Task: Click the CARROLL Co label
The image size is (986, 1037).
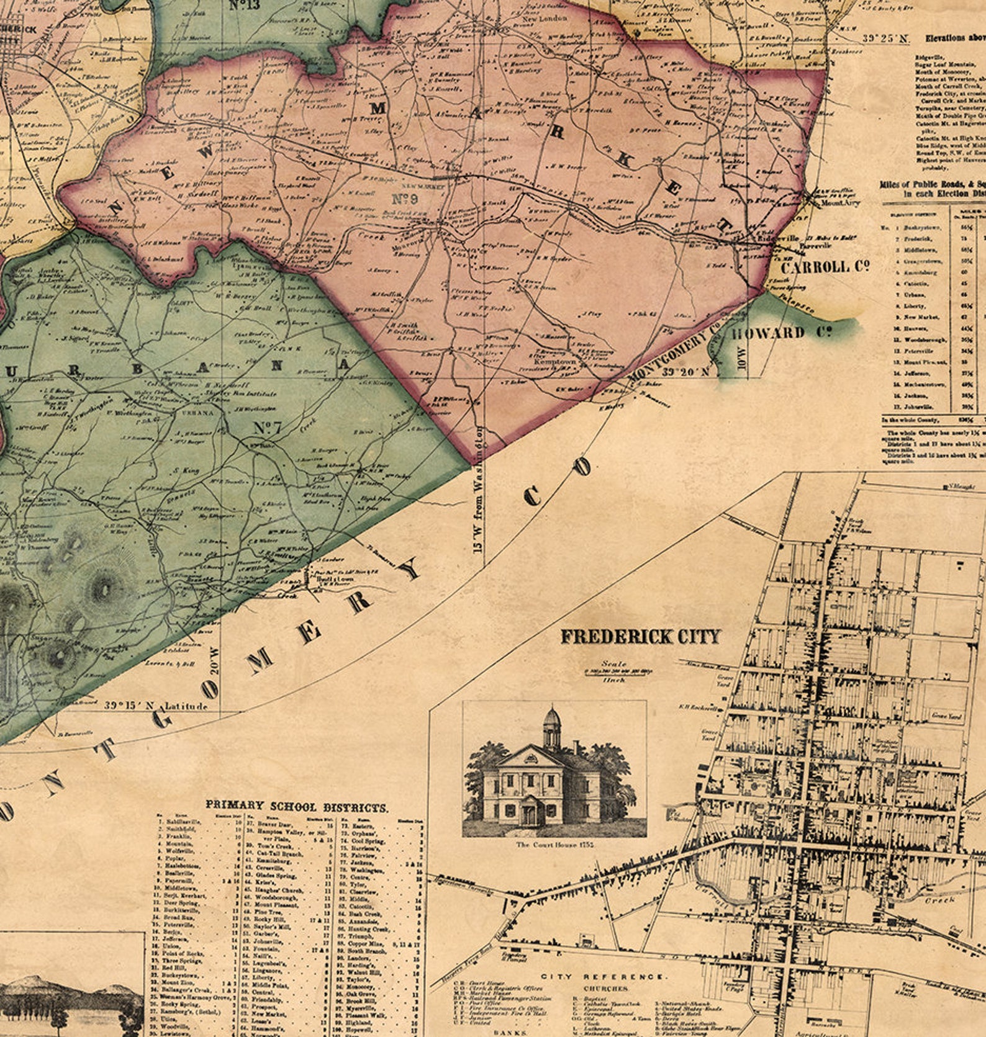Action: click(824, 267)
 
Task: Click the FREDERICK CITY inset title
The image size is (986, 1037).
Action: click(640, 637)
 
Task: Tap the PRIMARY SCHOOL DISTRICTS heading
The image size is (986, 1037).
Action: click(297, 807)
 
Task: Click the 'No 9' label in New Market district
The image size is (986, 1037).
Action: click(405, 199)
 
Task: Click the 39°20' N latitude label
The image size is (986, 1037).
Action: click(685, 372)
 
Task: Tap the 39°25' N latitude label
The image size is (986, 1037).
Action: click(885, 38)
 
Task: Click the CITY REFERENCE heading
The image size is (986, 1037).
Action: click(604, 976)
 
